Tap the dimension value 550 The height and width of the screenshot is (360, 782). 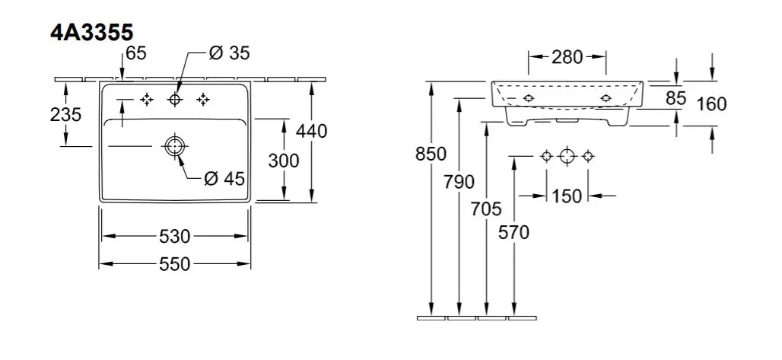[175, 264]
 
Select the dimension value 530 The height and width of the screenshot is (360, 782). [175, 236]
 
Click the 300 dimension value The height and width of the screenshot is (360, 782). [284, 161]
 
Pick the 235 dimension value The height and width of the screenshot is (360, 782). [65, 114]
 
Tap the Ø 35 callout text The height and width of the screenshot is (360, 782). [230, 53]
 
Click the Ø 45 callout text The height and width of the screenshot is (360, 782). [224, 180]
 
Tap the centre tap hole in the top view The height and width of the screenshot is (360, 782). [175, 99]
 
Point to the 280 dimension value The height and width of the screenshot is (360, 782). [567, 57]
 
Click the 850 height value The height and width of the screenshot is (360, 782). [431, 154]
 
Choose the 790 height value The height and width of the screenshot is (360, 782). [459, 182]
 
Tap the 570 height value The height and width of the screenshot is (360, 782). [515, 231]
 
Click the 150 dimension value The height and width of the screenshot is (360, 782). [567, 196]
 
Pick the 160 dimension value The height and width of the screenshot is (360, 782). [711, 104]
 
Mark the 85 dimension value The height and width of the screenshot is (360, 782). [676, 98]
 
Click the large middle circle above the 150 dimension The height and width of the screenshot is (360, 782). [566, 156]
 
